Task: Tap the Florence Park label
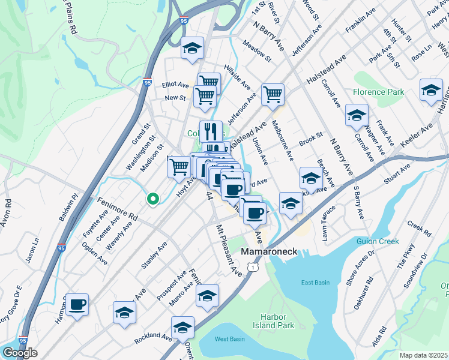tap(378, 92)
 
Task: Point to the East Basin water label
tap(316, 283)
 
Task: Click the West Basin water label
tap(230, 339)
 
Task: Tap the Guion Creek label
tap(379, 241)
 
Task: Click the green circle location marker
tap(153, 198)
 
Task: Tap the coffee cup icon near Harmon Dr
tap(77, 304)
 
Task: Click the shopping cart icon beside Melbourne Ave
tap(273, 94)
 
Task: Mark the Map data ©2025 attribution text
tap(424, 355)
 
